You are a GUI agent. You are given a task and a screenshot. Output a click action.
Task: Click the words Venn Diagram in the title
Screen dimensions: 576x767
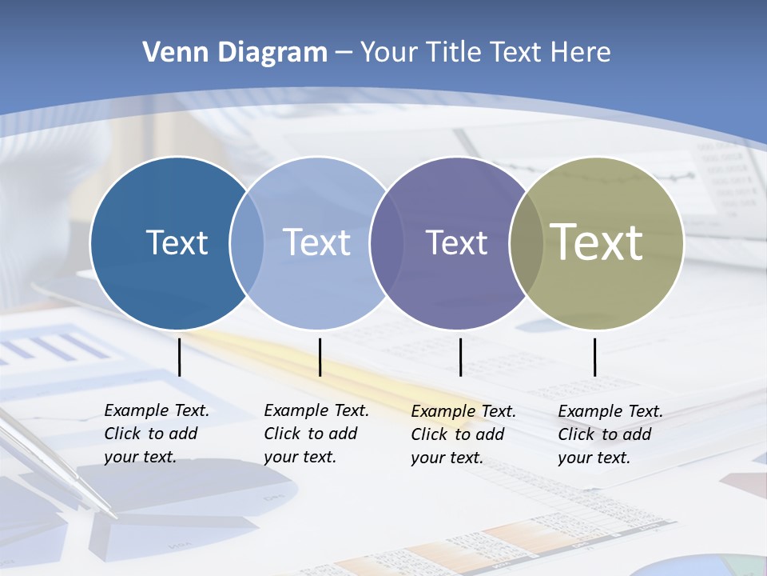point(234,53)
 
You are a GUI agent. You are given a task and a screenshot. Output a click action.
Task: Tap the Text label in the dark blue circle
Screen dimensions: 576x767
point(177,242)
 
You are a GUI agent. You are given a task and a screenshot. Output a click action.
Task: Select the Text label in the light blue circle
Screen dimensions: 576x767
point(316,242)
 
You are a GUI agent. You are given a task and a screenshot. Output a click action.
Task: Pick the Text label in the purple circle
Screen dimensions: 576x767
point(456,242)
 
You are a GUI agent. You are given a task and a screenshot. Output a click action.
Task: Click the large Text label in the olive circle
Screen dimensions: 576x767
point(597,242)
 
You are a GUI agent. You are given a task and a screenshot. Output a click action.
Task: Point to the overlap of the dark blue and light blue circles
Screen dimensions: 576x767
point(247,243)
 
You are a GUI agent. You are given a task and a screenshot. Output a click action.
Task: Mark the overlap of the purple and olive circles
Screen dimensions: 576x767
point(527,243)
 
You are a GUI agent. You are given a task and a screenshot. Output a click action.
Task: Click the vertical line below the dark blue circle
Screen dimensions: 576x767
point(179,357)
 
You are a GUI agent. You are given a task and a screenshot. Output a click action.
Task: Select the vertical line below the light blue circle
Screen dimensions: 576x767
point(320,357)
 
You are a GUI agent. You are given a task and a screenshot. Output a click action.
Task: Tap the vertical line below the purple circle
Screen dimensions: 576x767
point(461,357)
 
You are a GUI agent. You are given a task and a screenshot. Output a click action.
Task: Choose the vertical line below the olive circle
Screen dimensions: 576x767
point(594,357)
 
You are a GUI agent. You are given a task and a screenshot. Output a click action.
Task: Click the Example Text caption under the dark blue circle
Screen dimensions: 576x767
point(156,434)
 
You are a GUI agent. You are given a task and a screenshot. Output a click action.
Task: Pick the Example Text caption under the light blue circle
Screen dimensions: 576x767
point(316,434)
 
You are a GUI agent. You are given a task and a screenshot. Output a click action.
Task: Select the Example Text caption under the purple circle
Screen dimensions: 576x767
point(463,434)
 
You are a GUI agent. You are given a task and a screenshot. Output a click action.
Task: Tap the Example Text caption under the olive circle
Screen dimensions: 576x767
point(610,434)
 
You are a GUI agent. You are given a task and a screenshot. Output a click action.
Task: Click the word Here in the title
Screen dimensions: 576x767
point(581,53)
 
